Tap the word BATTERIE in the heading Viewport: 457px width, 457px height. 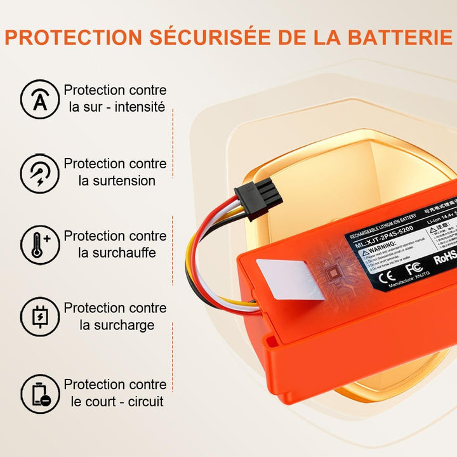[x=390, y=37]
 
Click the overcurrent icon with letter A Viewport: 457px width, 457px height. [x=40, y=99]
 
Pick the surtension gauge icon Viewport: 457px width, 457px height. [x=40, y=171]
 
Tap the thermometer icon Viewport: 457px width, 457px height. [x=40, y=244]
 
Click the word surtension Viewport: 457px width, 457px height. [x=117, y=180]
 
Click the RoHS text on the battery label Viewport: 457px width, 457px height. [x=445, y=258]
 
